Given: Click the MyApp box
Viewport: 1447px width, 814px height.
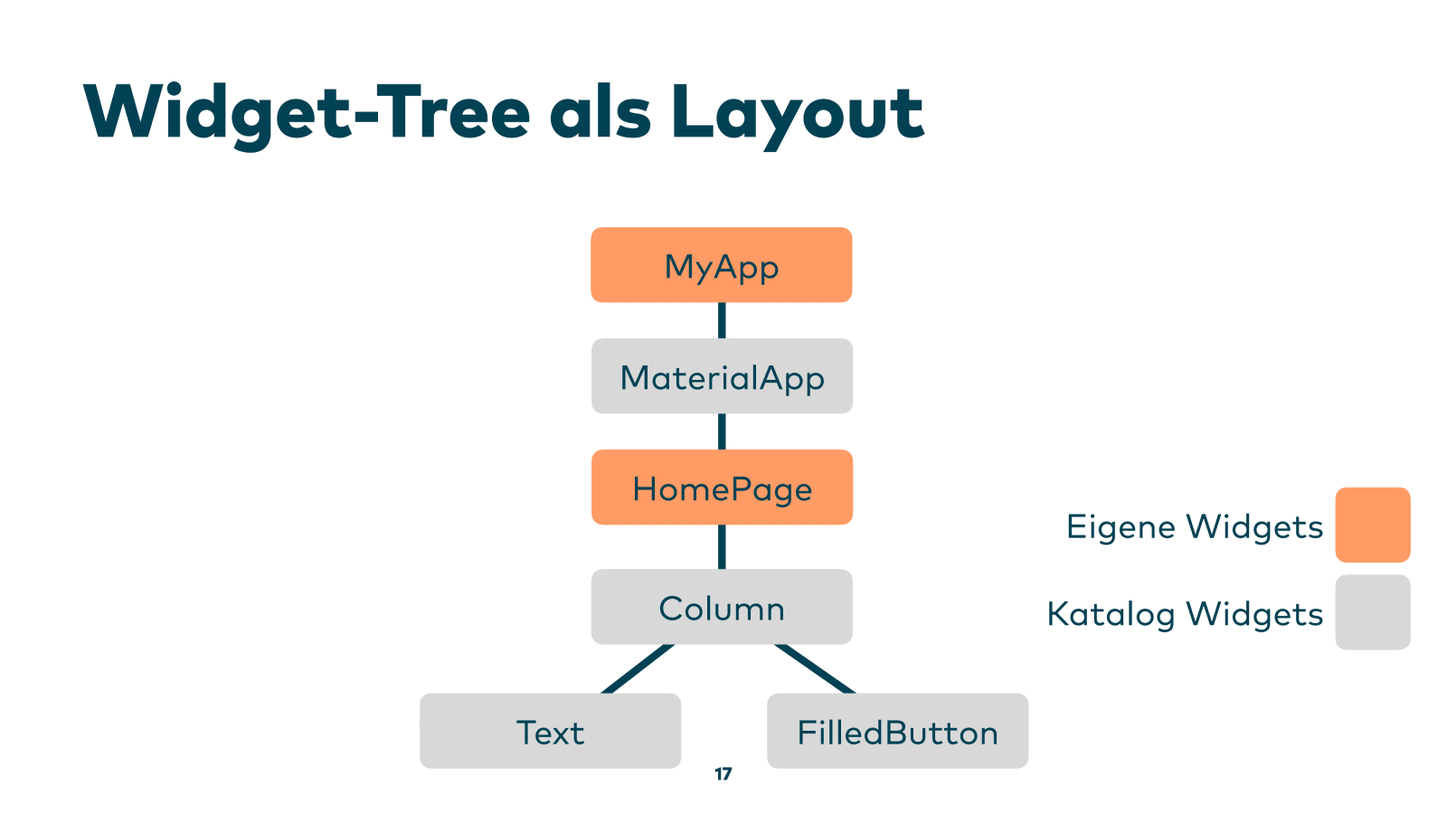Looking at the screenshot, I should click(x=721, y=265).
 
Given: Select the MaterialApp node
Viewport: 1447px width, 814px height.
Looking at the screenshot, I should click(x=722, y=376).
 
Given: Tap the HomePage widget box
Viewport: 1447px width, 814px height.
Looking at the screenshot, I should click(x=722, y=487).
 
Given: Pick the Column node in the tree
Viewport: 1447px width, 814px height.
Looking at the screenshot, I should click(x=722, y=607).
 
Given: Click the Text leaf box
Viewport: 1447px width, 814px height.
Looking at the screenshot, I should click(x=550, y=731).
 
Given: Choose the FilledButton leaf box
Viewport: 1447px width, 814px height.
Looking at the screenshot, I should click(x=897, y=731).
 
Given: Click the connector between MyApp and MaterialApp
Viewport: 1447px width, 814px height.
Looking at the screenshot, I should click(x=722, y=320).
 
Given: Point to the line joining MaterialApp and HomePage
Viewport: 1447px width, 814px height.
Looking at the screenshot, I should click(x=722, y=431).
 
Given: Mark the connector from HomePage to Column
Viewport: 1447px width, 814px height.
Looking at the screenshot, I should click(x=722, y=546).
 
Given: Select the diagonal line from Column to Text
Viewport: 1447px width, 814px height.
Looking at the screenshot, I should click(x=638, y=668).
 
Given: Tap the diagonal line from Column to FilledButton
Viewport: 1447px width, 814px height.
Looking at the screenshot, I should click(x=814, y=668).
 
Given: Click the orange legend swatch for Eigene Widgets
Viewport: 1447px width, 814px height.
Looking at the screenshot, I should click(x=1372, y=525).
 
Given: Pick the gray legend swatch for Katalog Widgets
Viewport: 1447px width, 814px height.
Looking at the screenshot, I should click(x=1372, y=612).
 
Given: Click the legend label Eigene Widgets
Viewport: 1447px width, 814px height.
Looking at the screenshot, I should click(x=1194, y=526).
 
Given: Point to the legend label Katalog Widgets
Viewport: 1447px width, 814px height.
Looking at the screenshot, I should click(x=1185, y=614).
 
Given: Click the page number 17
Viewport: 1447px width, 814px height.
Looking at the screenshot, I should click(x=723, y=774).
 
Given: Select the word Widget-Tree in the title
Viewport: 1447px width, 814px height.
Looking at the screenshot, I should click(x=306, y=112).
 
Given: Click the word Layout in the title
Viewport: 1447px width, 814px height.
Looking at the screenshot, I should click(x=797, y=112).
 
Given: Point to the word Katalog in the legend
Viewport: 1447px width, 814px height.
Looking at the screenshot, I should click(x=1111, y=614).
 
